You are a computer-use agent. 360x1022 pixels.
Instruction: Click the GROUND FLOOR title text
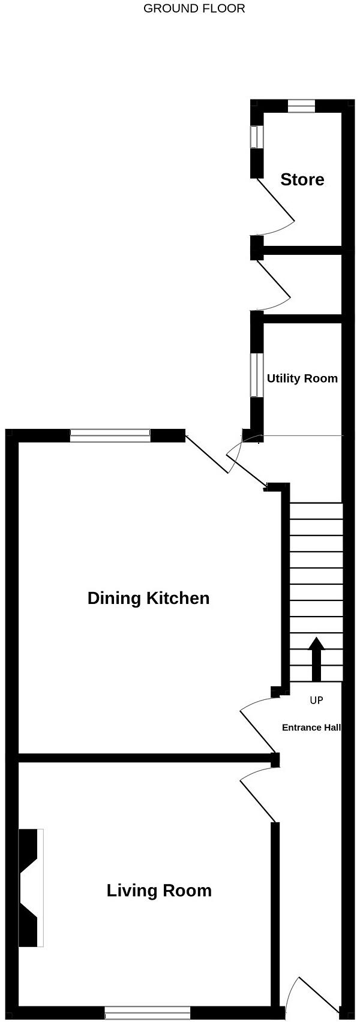[194, 8]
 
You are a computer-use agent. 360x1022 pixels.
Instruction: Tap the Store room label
[302, 179]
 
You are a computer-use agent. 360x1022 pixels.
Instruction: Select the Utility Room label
[302, 378]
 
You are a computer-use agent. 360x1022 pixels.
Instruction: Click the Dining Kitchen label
[148, 598]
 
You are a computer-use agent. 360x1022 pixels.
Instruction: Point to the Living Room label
[159, 891]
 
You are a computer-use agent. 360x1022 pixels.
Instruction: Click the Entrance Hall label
[311, 728]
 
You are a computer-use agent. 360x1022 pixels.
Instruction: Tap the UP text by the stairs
[316, 700]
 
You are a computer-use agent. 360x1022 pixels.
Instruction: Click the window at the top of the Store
[301, 106]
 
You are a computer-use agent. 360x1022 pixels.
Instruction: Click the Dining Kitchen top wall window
[110, 436]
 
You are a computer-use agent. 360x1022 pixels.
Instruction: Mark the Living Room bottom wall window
[148, 1012]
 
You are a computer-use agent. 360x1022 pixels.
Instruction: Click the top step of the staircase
[316, 510]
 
